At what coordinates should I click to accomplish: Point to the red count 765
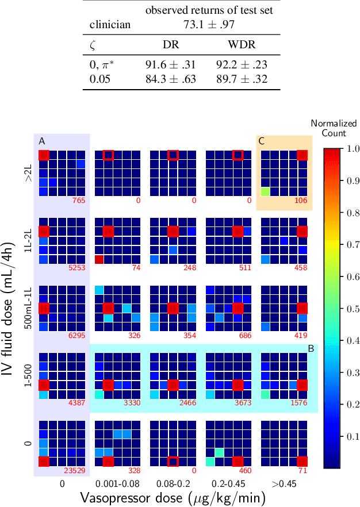tap(79, 200)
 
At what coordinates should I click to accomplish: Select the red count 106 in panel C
tap(301, 200)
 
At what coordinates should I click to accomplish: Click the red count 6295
tap(76, 335)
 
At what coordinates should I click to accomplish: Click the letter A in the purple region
tap(41, 141)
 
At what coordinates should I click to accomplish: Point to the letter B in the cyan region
tap(311, 348)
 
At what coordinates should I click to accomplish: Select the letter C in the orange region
tap(262, 141)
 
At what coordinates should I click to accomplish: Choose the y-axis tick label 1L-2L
tap(28, 241)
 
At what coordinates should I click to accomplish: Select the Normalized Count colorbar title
tap(334, 128)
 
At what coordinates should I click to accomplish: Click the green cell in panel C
tap(265, 191)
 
